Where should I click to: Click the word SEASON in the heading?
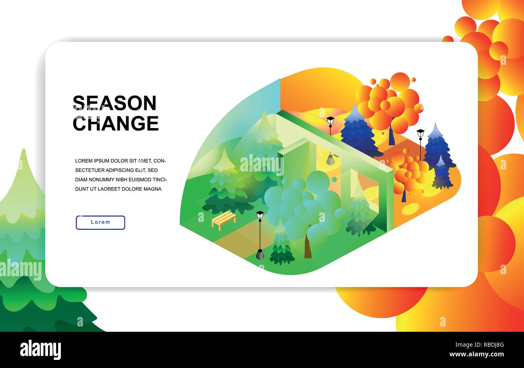(114, 103)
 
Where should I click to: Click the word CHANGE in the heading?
(116, 123)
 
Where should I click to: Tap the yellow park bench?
(224, 220)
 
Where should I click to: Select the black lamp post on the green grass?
(260, 235)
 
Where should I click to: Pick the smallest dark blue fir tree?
(442, 173)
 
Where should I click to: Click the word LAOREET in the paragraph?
(113, 189)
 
